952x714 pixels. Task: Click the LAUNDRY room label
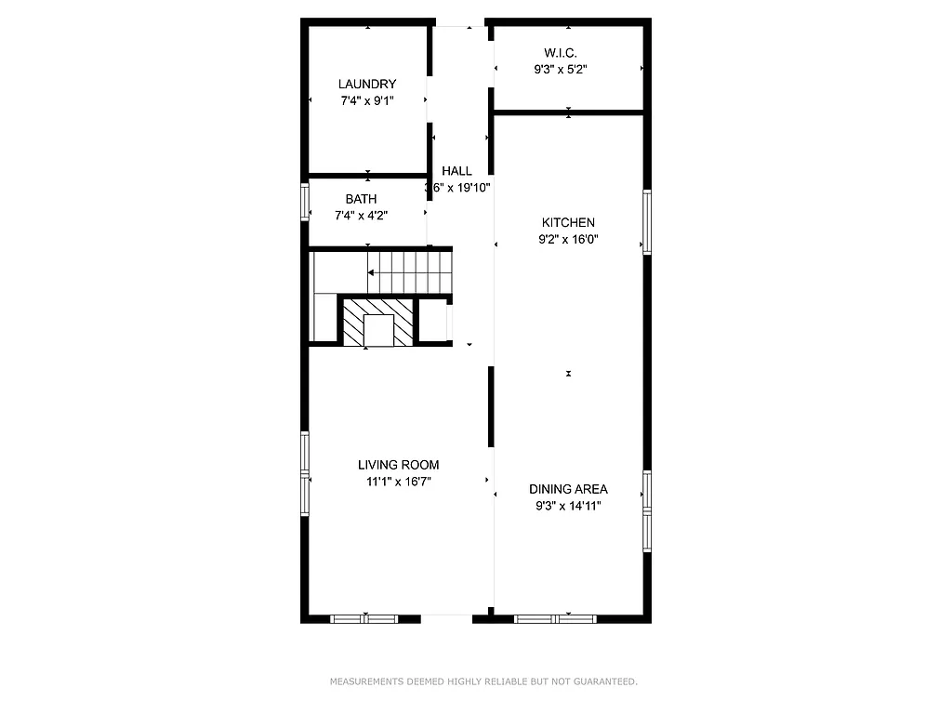click(367, 84)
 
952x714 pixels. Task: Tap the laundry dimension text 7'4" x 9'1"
click(367, 100)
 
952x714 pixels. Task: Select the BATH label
click(361, 199)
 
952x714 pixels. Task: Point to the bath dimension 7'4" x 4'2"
click(361, 216)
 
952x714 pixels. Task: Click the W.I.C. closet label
click(560, 52)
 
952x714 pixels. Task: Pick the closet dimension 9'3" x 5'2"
click(560, 69)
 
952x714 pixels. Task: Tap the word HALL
click(456, 171)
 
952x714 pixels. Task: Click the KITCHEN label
click(568, 222)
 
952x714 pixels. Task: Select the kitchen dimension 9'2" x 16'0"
click(568, 239)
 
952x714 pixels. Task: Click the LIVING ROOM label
click(399, 465)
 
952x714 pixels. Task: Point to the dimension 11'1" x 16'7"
click(399, 482)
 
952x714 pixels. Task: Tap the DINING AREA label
click(568, 489)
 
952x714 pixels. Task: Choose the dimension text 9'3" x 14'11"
click(568, 506)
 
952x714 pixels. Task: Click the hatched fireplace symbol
click(377, 322)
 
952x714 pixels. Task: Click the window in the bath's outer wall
click(304, 201)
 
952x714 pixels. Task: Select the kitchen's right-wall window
click(647, 221)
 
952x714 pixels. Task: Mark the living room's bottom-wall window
click(364, 618)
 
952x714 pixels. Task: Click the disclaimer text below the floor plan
click(483, 682)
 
